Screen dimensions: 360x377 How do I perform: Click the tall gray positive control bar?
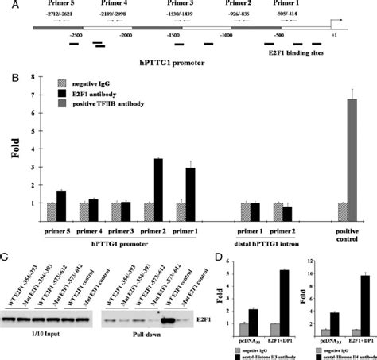(x=351, y=159)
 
